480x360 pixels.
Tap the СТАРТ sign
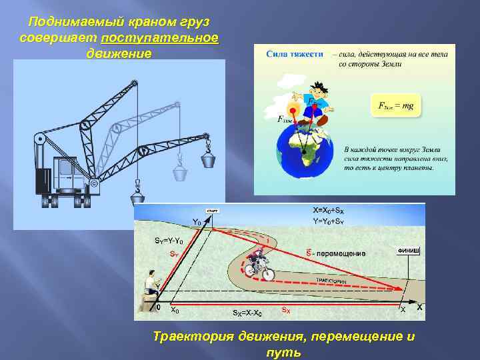point(213,211)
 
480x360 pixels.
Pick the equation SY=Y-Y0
point(167,240)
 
